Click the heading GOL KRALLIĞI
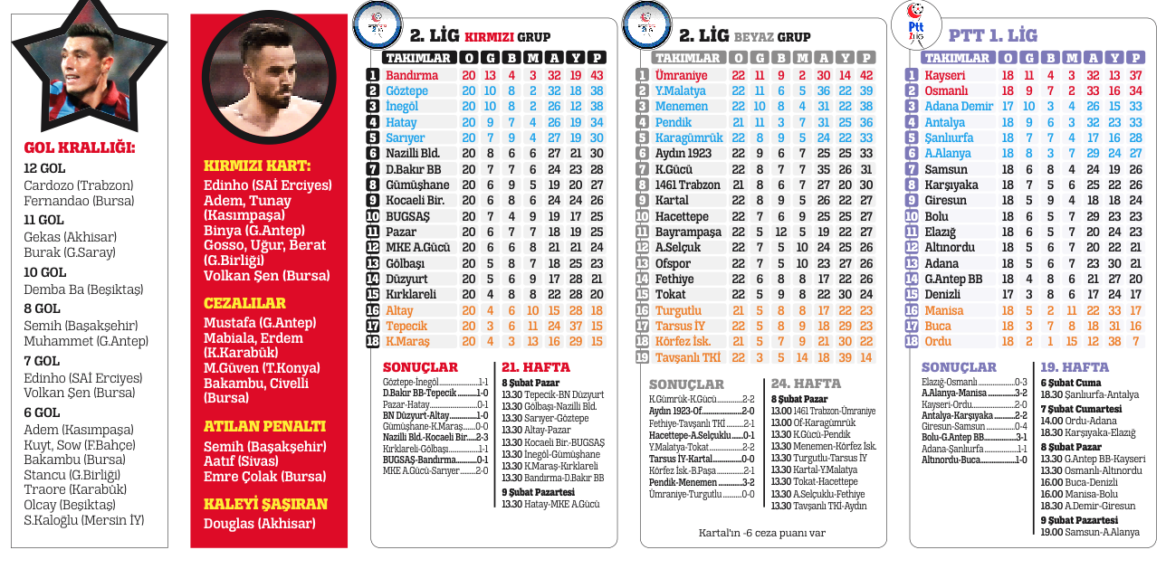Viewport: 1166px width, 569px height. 80,148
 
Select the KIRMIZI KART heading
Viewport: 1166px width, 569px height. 257,166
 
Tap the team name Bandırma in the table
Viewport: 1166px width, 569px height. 412,75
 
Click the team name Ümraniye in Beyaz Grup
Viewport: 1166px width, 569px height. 681,75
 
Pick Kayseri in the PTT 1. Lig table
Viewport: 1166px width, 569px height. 944,75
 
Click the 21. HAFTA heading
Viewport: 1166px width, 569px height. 536,367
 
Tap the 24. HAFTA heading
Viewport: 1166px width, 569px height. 806,384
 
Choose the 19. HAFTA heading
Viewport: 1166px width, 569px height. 1075,367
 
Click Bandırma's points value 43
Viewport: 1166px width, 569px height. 597,75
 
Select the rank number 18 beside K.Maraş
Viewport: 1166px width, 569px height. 372,341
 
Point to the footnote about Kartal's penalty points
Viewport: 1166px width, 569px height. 761,533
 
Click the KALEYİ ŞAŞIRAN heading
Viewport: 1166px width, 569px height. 265,504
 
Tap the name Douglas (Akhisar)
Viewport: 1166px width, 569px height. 260,524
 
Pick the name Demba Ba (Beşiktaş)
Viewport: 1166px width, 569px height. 83,289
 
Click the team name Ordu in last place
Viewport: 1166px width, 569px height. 938,341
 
